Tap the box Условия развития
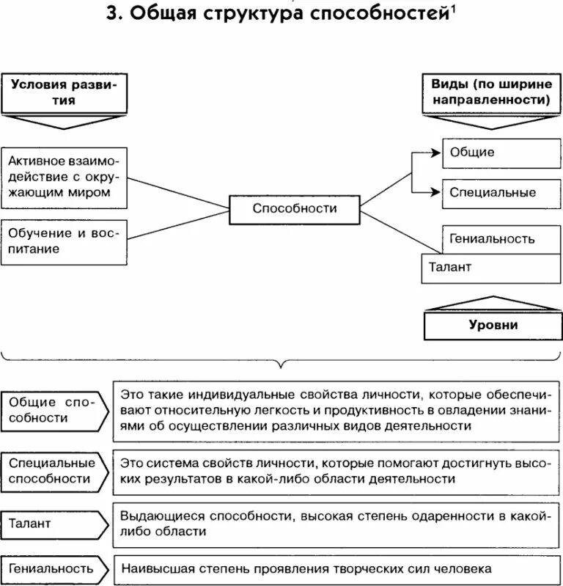click(x=64, y=93)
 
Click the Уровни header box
click(x=493, y=324)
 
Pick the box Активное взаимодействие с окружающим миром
click(x=64, y=176)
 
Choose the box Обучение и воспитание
click(x=64, y=241)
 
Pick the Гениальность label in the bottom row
click(x=51, y=568)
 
